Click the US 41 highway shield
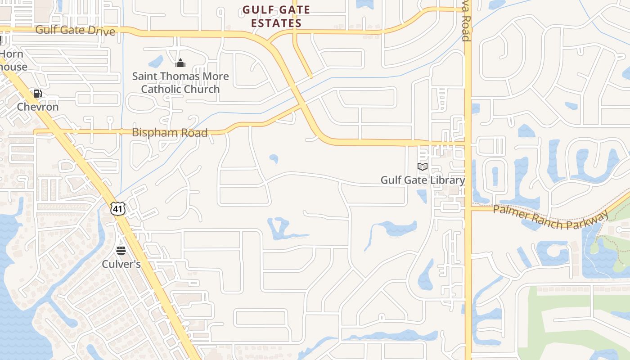[117, 208]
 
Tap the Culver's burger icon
[121, 251]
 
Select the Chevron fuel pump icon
[38, 94]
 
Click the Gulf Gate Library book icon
[422, 167]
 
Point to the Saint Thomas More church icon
[180, 63]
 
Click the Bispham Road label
[170, 133]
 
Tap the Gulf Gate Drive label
[75, 31]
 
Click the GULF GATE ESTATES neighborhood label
[276, 16]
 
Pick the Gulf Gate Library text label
[423, 180]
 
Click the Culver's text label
[121, 264]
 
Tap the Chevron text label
[38, 107]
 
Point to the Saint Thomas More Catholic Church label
[180, 83]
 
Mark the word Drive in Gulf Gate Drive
[101, 31]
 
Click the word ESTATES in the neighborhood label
[276, 23]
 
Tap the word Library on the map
[447, 180]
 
